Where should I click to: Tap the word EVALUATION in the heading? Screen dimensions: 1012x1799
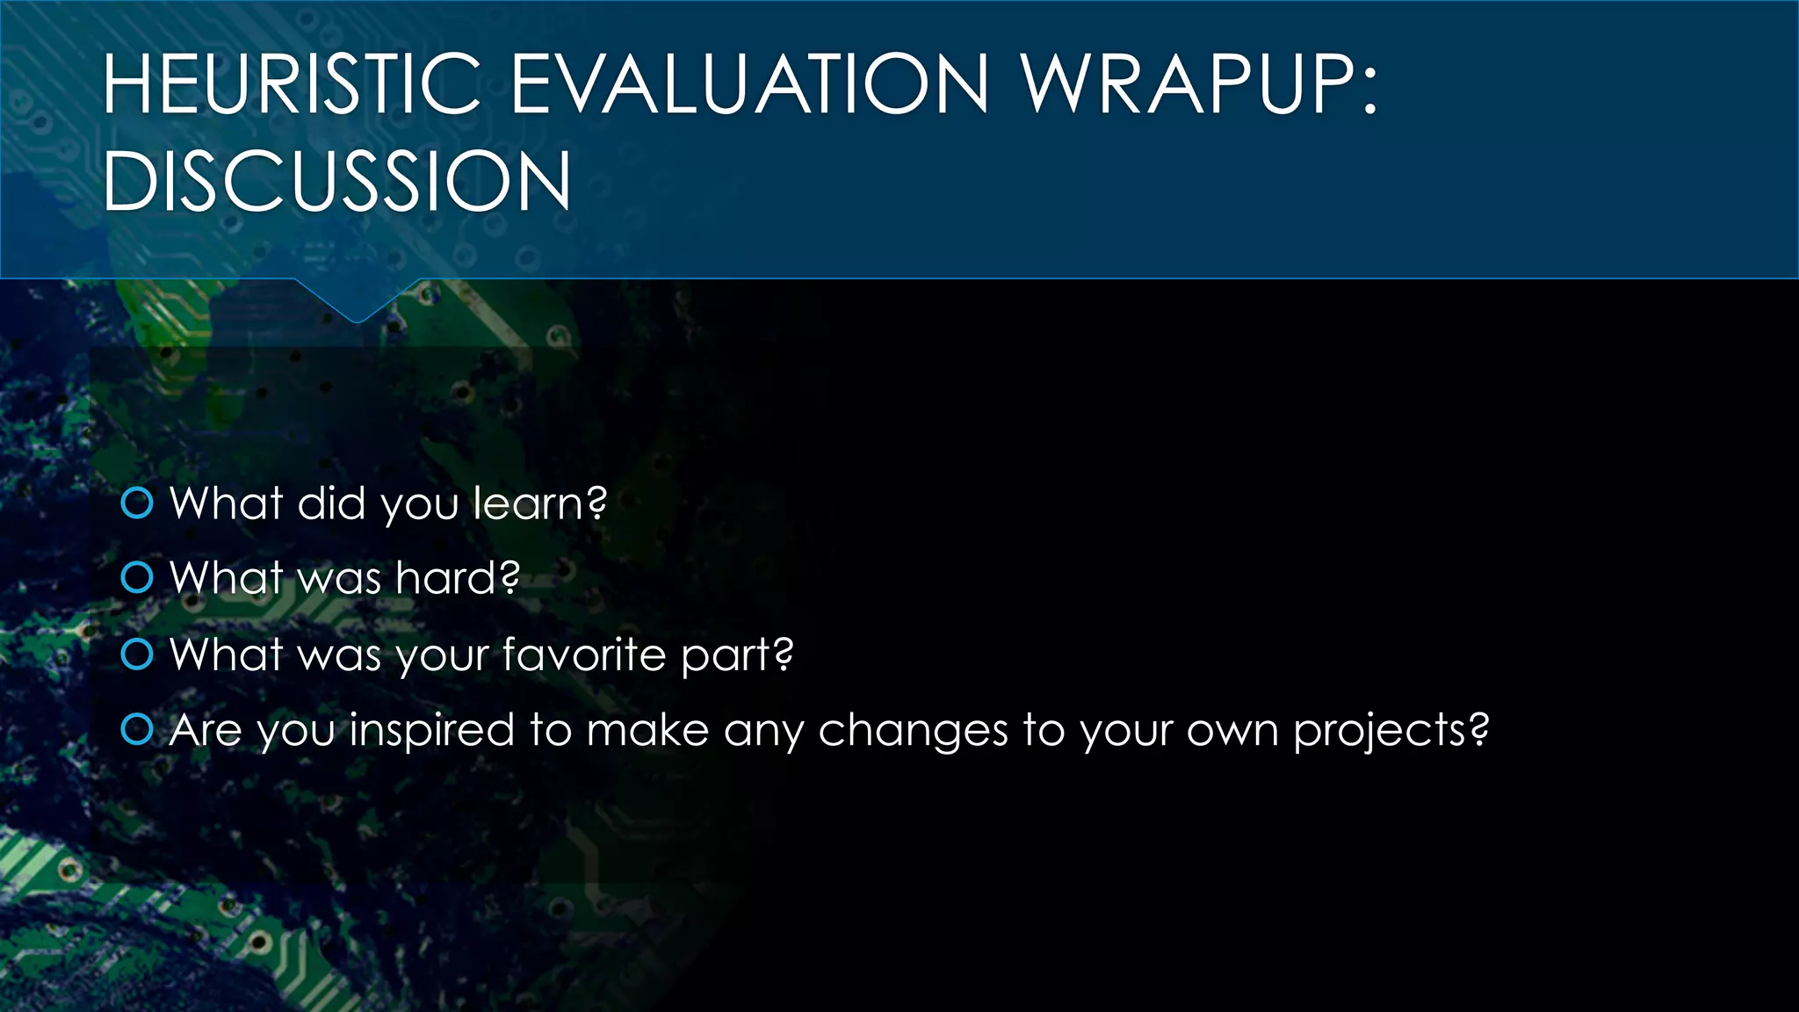point(749,84)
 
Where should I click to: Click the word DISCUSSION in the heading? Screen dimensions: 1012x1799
point(337,182)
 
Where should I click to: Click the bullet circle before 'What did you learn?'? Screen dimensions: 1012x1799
point(137,503)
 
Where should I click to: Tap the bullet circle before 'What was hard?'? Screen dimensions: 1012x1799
point(137,578)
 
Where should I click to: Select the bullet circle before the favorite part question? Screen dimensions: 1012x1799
point(137,654)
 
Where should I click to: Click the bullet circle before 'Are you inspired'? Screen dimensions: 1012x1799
point(137,729)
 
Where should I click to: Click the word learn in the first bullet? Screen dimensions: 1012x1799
point(530,503)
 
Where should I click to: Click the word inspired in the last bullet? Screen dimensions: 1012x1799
point(431,731)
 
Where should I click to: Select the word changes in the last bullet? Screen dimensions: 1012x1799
point(913,731)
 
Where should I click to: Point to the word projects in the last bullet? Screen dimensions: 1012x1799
point(1378,731)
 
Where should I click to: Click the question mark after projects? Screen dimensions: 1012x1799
point(1479,729)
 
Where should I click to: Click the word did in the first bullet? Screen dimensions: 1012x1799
point(331,503)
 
